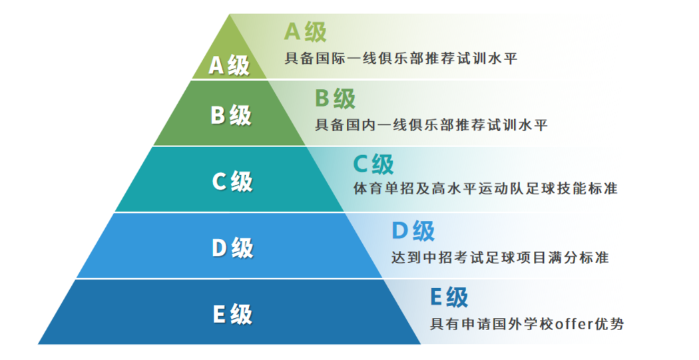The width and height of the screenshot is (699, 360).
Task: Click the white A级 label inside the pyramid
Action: tap(229, 65)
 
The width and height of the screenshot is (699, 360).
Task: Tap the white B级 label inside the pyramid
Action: tap(231, 115)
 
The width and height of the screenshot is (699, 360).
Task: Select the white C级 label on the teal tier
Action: tap(232, 182)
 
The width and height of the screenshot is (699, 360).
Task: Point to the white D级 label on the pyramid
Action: tap(232, 248)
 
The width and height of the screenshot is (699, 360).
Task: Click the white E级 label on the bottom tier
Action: tap(232, 314)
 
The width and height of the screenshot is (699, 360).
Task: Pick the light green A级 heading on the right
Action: tap(306, 32)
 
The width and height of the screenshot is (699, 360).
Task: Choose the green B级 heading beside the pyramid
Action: tap(336, 98)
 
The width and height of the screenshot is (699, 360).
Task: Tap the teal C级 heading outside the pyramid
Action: tap(373, 164)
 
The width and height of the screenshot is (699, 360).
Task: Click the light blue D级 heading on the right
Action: tap(413, 231)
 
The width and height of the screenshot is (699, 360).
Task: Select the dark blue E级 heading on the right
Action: tap(449, 297)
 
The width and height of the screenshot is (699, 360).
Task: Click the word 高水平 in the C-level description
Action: tap(454, 188)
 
